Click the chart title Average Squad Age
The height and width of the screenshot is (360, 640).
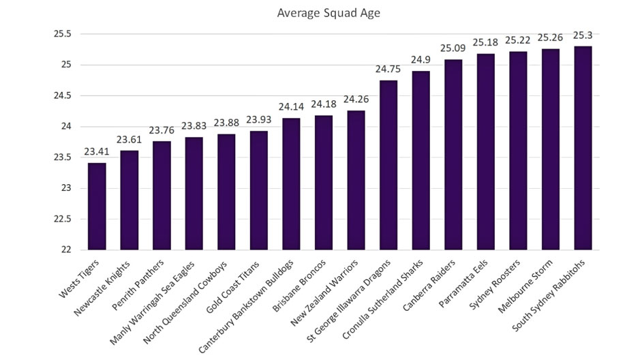pyautogui.click(x=320, y=12)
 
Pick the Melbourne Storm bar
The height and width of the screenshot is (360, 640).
pyautogui.click(x=550, y=149)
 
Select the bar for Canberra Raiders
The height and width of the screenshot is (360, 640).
pyautogui.click(x=453, y=155)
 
